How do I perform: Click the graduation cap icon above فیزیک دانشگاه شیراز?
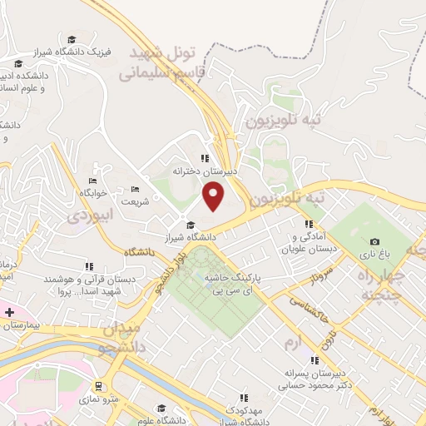[x=72, y=40]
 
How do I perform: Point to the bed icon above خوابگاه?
[x=92, y=180]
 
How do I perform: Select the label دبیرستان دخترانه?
[x=205, y=170]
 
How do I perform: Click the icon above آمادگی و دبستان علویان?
[x=309, y=224]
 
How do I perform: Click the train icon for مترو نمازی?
[x=99, y=386]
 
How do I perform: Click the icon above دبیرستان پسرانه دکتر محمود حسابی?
[x=314, y=360]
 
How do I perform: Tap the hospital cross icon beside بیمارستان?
[x=9, y=312]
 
